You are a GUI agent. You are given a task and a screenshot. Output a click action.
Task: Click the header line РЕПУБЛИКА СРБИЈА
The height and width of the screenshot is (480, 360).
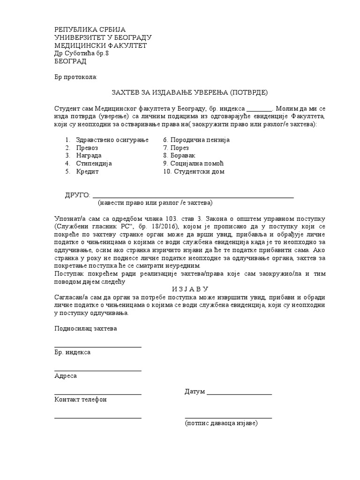(x=90, y=29)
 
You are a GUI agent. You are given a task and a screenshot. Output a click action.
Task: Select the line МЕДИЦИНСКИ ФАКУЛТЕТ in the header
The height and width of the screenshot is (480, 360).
(x=101, y=45)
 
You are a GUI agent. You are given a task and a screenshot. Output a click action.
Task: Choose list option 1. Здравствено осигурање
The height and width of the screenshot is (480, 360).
(x=107, y=140)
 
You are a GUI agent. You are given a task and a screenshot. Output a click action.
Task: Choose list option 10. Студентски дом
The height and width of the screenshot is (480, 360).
(x=194, y=172)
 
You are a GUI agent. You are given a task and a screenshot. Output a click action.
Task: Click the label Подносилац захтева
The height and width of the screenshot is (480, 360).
(x=86, y=328)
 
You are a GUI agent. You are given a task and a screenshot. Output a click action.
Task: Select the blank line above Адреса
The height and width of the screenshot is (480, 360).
(x=98, y=370)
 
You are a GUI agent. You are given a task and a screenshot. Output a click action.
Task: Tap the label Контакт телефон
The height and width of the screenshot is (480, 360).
(x=81, y=399)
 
